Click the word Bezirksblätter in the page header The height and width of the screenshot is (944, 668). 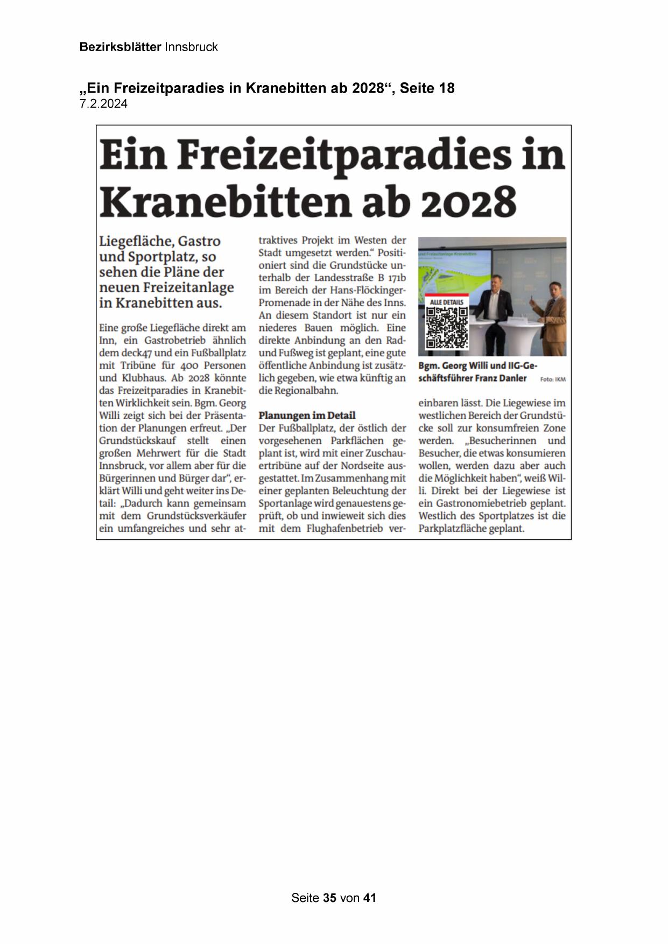click(x=120, y=47)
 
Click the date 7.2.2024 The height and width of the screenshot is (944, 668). click(x=103, y=104)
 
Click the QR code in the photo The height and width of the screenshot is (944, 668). click(x=447, y=328)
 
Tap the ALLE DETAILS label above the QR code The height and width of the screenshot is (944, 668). click(x=446, y=302)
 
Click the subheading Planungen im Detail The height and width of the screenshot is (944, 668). click(x=307, y=415)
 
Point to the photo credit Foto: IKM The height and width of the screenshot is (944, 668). click(x=553, y=379)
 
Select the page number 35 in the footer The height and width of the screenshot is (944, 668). click(x=330, y=898)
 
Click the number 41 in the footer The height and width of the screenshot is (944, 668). click(x=370, y=898)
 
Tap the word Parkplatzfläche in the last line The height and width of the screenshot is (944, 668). click(x=451, y=529)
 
